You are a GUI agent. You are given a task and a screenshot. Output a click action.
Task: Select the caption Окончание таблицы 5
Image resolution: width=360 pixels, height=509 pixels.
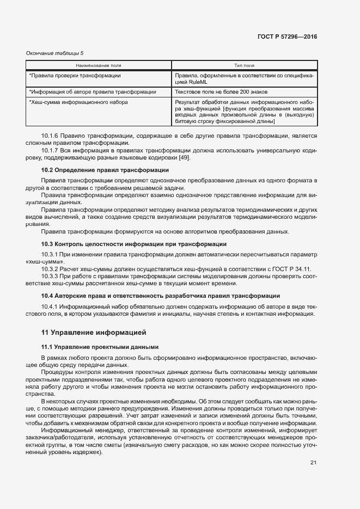coord(55,53)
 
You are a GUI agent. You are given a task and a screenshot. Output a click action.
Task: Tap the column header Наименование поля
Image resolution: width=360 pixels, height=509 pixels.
coord(99,65)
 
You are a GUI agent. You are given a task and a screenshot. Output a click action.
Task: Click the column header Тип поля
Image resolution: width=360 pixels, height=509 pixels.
coord(244,65)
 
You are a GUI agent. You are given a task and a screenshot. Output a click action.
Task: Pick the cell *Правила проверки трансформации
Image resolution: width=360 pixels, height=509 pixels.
coord(75,76)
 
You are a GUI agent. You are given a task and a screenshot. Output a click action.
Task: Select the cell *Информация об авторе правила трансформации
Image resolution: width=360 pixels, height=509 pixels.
coord(92,92)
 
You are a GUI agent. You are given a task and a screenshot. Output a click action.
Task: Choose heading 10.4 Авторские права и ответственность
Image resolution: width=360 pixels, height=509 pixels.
coord(161,296)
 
